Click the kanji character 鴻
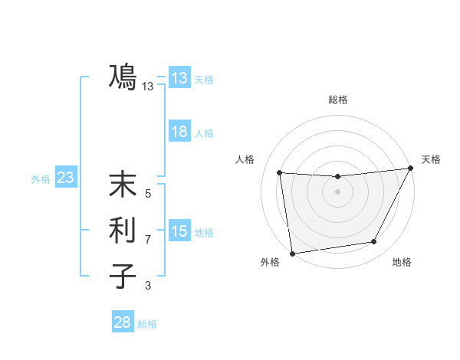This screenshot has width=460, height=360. pos(123,77)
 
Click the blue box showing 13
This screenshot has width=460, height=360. pos(179,78)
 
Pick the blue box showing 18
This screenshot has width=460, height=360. pos(179,132)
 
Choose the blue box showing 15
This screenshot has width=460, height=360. pos(179,231)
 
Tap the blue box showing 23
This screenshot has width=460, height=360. pos(65,178)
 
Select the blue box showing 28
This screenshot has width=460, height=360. pos(122,322)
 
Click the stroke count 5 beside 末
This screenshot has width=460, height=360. pos(148,194)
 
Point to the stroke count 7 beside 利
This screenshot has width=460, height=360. pos(148,240)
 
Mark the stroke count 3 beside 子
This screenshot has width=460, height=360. pos(148,286)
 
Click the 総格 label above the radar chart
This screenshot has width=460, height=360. pos(337,100)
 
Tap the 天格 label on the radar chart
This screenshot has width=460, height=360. pos(431,159)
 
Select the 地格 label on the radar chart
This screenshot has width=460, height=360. pos(402,263)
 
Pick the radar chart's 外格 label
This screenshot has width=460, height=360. pos(270,263)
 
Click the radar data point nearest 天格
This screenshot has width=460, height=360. pos(411,168)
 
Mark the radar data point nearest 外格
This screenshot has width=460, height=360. pos(292,253)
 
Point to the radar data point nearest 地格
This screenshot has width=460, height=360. pos(374,242)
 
